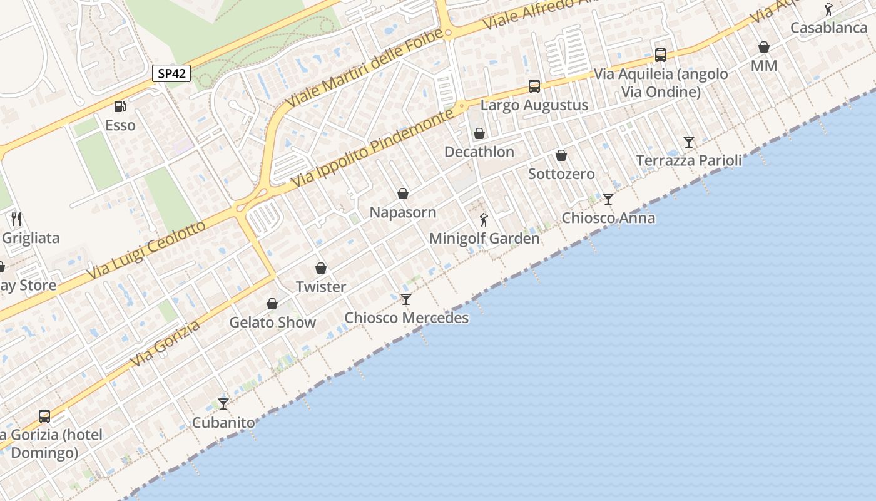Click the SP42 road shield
pyautogui.click(x=171, y=73)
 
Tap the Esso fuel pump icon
pyautogui.click(x=120, y=106)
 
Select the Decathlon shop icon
pyautogui.click(x=479, y=133)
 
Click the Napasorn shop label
pyautogui.click(x=403, y=212)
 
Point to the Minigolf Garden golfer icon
pyautogui.click(x=484, y=220)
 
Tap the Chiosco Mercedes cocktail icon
pyautogui.click(x=406, y=299)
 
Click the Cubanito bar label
pyautogui.click(x=223, y=423)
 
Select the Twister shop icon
pyautogui.click(x=321, y=268)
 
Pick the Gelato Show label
pyautogui.click(x=273, y=323)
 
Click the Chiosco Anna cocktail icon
pyautogui.click(x=608, y=199)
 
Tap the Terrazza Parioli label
pyautogui.click(x=689, y=160)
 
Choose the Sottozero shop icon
pyautogui.click(x=561, y=155)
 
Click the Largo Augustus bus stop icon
pyautogui.click(x=534, y=86)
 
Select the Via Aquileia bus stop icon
pyautogui.click(x=661, y=55)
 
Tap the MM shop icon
pyautogui.click(x=764, y=47)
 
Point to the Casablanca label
pyautogui.click(x=828, y=28)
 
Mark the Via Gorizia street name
pyautogui.click(x=166, y=344)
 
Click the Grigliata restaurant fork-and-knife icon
pyautogui.click(x=16, y=219)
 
